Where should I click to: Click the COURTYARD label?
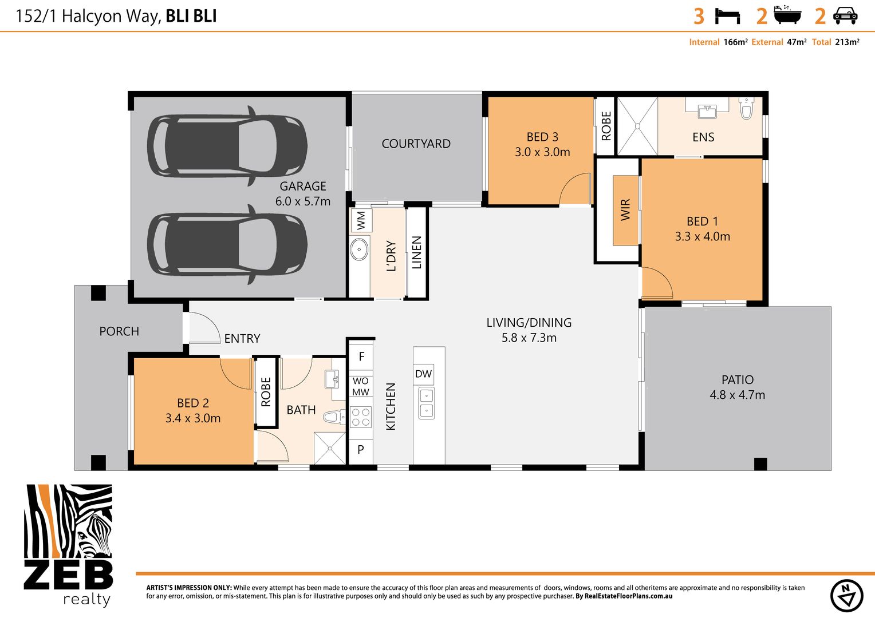point(416,144)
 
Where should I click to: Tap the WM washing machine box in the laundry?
point(361,220)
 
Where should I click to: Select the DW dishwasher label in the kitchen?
point(423,374)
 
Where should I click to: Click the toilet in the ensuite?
point(746,108)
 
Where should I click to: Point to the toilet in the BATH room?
point(334,417)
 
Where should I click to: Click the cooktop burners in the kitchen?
point(361,417)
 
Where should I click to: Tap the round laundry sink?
point(360,249)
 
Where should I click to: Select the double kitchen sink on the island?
point(426,403)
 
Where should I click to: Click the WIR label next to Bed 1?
point(625,209)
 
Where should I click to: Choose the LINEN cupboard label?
point(417,252)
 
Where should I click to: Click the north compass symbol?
point(846,596)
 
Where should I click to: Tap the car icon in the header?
point(845,16)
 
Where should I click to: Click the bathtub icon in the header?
point(787,15)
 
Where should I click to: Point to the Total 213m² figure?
point(835,42)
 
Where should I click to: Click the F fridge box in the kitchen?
point(361,356)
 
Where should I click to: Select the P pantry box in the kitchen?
point(361,450)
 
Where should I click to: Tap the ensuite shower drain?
point(637,126)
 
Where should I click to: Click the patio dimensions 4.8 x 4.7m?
point(737,395)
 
